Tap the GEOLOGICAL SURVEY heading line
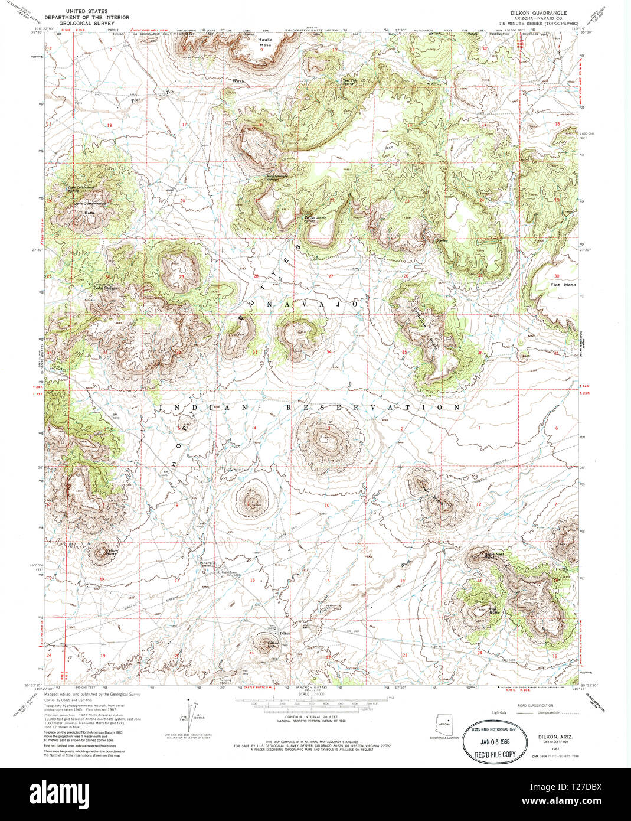tap(97, 25)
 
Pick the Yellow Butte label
tap(111, 553)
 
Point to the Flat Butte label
tap(494, 611)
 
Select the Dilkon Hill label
tap(273, 644)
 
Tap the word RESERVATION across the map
tap(373, 408)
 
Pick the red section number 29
tap(181, 276)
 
